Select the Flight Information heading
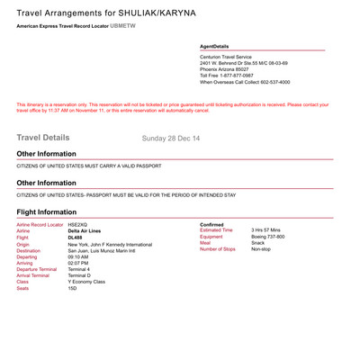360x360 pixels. tap(52, 212)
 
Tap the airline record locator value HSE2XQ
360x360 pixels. tap(80, 223)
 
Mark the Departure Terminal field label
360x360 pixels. tap(37, 268)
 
